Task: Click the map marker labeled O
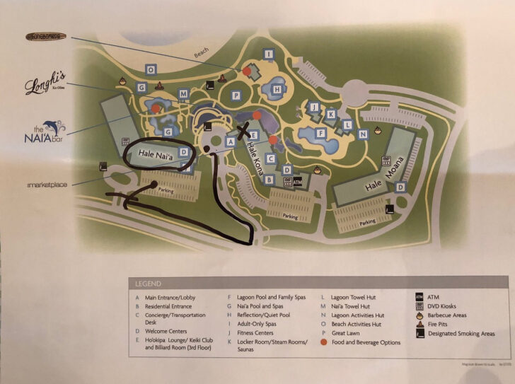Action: (x=150, y=69)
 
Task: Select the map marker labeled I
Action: (x=268, y=54)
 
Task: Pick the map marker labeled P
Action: (x=236, y=95)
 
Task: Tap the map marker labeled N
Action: (x=363, y=134)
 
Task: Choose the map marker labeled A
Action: (x=229, y=141)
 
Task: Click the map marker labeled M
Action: (x=183, y=94)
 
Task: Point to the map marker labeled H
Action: (x=278, y=89)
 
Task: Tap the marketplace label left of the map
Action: (x=42, y=185)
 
